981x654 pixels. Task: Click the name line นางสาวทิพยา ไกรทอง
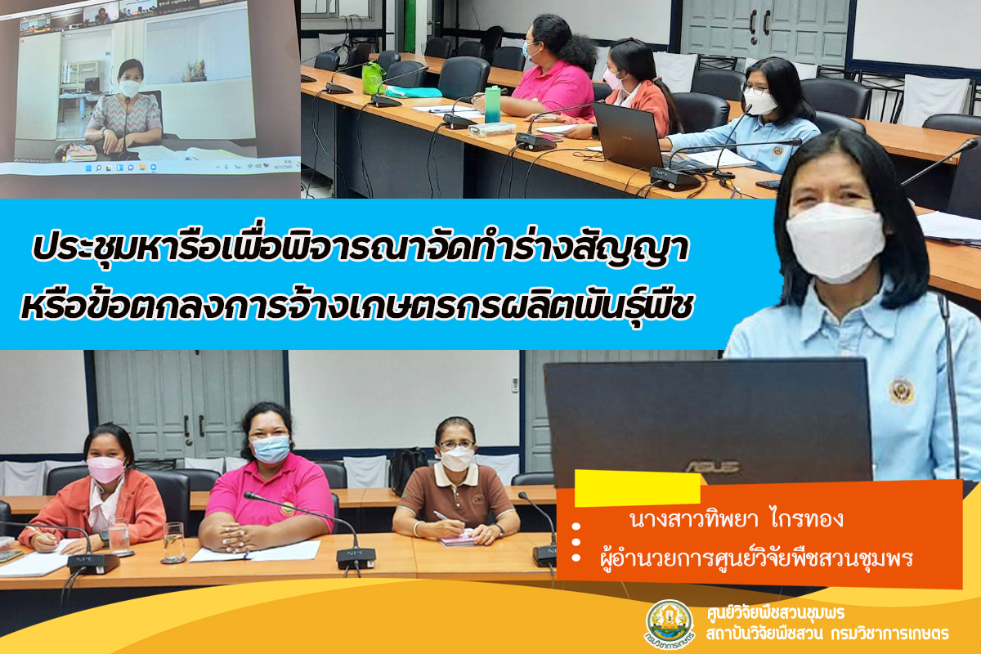737,519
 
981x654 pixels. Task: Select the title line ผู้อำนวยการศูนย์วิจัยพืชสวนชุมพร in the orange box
756,558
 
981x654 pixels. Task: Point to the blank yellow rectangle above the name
637,488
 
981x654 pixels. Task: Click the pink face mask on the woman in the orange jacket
105,470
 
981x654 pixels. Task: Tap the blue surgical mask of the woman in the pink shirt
271,450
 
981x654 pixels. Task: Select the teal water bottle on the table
492,105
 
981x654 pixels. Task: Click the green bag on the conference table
373,78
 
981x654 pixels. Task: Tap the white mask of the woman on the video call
130,88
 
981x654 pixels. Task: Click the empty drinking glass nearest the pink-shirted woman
174,542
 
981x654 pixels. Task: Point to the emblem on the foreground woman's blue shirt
902,390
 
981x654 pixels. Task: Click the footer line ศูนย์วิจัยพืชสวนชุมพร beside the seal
776,613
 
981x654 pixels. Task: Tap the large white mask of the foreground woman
835,242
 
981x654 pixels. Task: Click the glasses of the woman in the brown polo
456,445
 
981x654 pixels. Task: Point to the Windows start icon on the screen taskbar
88,168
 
